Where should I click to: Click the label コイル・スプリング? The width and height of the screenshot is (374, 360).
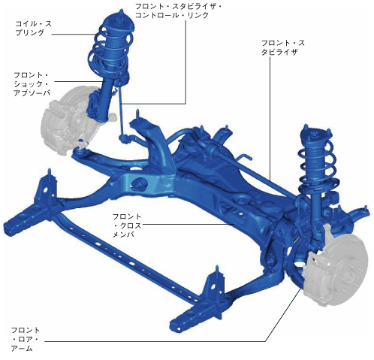pyautogui.click(x=34, y=28)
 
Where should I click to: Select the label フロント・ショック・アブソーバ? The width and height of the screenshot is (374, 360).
pyautogui.click(x=32, y=83)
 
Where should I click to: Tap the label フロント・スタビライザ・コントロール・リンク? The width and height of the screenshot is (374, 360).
pyautogui.click(x=178, y=11)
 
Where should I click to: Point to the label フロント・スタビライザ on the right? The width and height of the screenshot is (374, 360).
pyautogui.click(x=283, y=47)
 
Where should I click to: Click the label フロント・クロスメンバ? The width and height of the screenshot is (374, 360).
pyautogui.click(x=127, y=225)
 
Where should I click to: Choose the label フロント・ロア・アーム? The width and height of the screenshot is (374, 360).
pyautogui.click(x=25, y=339)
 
